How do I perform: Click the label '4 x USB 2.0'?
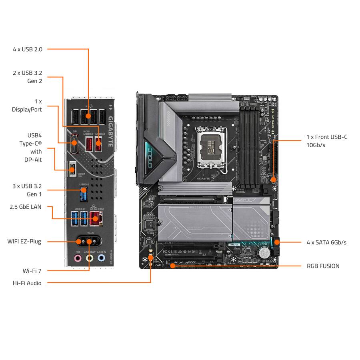point(27,49)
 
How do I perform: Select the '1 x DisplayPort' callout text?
point(27,105)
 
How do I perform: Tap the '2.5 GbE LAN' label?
point(25,207)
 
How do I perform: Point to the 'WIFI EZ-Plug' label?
point(24,242)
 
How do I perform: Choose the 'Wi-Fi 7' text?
point(32,271)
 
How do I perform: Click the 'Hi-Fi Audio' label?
point(27,283)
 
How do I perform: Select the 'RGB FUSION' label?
point(323,266)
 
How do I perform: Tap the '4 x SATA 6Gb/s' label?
point(326,242)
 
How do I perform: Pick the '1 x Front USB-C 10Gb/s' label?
point(327,141)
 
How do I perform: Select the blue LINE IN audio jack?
point(102,259)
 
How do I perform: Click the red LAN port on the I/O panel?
point(95,218)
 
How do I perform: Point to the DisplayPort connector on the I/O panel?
point(74,146)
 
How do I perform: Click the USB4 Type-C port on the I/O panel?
point(72,169)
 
